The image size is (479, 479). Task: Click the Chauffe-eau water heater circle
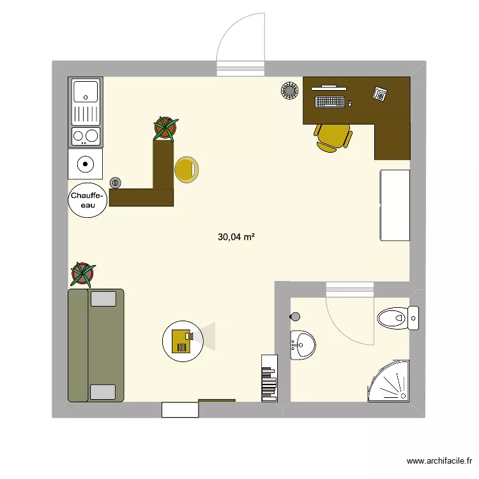pos(87,199)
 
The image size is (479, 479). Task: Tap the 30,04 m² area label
pos(236,237)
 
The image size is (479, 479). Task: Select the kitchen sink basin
pos(86,91)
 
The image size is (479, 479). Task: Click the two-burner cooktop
pos(86,135)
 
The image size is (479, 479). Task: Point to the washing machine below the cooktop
pos(86,165)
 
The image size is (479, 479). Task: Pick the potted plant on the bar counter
pos(165,128)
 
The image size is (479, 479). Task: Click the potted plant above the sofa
pos(82,274)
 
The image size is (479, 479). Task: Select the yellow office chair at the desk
pos(333,136)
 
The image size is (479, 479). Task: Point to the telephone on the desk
pos(381,94)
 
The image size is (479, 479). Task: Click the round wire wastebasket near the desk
pos(289,91)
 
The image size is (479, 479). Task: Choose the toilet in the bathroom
pos(394,317)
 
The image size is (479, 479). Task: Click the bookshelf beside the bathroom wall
pos(269,378)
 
